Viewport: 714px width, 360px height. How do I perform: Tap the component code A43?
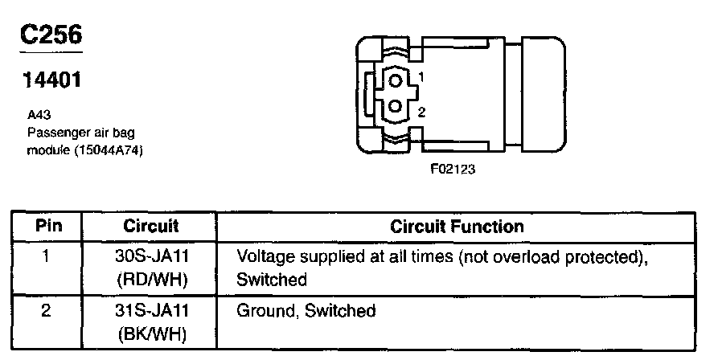pos(37,115)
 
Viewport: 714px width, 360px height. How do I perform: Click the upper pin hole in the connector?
pos(395,80)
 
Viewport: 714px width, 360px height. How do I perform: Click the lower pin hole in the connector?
pos(395,106)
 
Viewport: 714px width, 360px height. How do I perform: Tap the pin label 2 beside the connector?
pos(421,111)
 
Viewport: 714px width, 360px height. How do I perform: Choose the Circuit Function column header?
pos(457,226)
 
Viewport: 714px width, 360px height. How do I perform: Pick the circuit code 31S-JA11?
pos(151,310)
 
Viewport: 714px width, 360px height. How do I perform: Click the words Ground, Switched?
pos(306,310)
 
